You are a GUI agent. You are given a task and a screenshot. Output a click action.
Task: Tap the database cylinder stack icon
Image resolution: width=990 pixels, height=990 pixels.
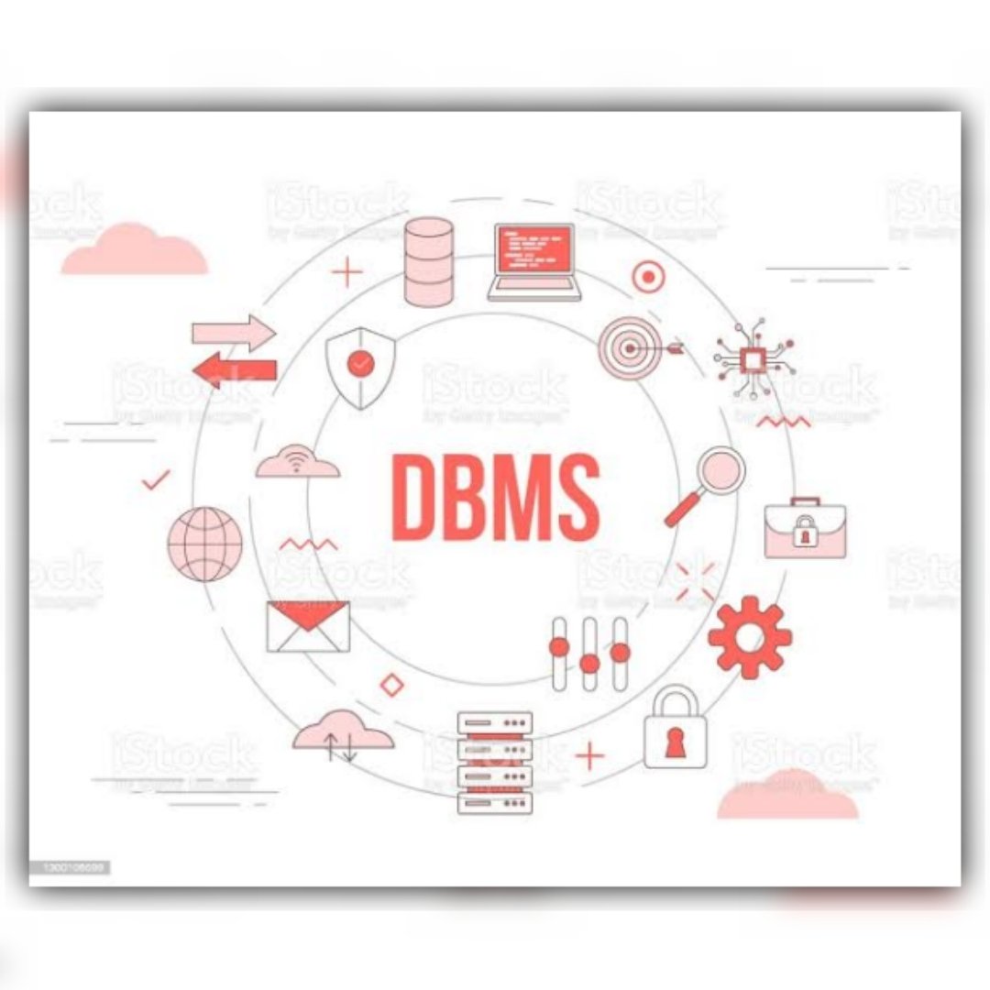428,261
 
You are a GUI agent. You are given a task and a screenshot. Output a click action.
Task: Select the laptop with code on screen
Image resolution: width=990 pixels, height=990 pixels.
534,261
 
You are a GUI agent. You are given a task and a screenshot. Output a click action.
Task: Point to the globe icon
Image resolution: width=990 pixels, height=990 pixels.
204,544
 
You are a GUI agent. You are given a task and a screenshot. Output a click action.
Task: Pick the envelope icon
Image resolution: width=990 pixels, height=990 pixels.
308,627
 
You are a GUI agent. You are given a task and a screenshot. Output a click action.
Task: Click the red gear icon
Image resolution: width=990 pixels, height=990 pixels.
750,637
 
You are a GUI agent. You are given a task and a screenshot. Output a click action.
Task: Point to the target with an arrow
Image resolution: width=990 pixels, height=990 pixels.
632,348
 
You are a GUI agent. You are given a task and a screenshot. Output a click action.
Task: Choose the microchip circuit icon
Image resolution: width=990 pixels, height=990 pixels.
753,359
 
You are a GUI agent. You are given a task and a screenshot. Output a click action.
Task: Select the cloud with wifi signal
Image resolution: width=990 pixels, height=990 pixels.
297,462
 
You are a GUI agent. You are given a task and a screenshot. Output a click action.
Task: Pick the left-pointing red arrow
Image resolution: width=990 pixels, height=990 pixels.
234,369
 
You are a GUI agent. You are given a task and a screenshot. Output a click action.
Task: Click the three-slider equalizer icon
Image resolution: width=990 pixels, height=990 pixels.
589,654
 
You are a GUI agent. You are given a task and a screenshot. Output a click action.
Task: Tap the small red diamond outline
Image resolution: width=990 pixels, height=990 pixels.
392,684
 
